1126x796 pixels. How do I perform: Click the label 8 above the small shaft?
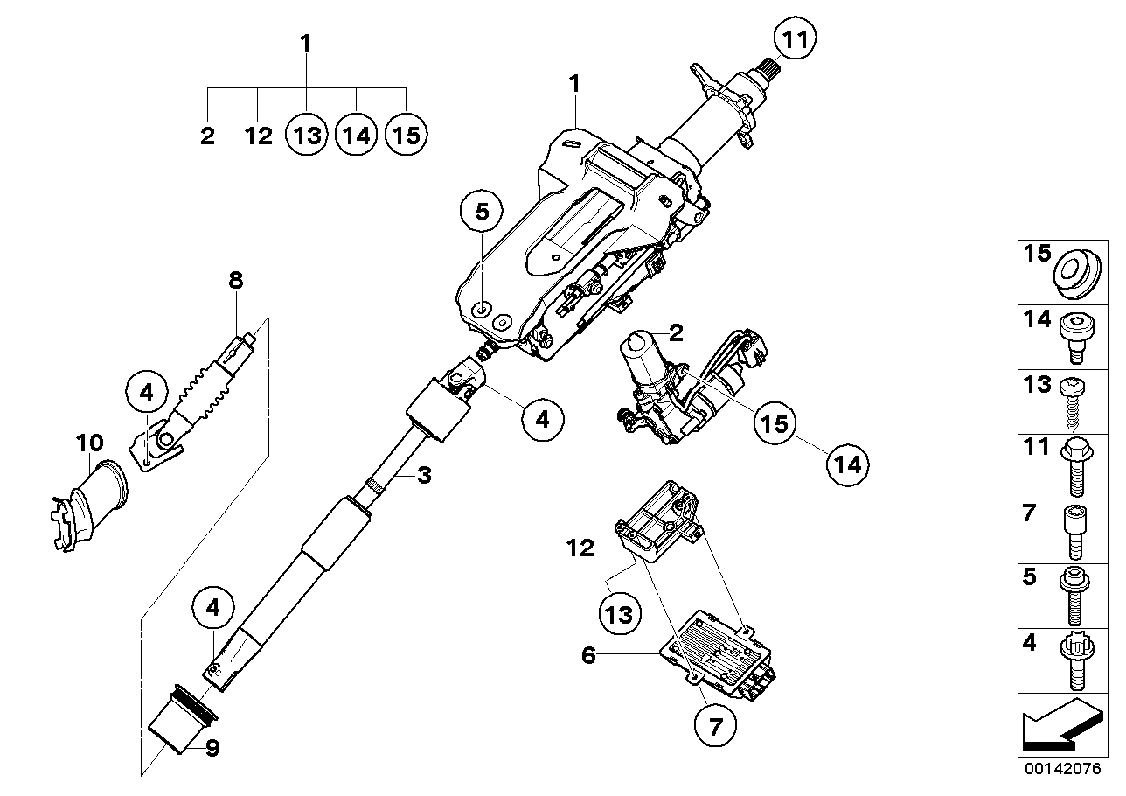(236, 281)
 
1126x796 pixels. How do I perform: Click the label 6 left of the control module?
(588, 654)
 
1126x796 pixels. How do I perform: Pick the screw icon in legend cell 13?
(1073, 402)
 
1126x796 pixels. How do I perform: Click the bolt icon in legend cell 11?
(1073, 469)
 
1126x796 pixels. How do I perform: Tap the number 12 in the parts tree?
(259, 136)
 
